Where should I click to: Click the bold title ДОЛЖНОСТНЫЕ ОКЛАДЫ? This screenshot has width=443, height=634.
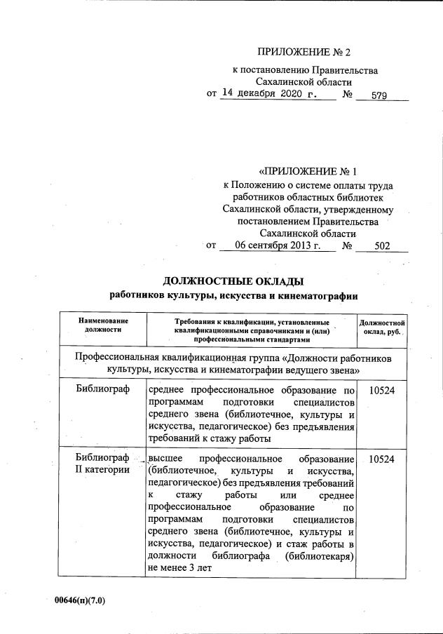coord(233,281)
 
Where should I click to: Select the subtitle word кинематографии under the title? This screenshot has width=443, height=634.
coord(323,296)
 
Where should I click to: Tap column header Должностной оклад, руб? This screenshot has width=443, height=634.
coord(382,326)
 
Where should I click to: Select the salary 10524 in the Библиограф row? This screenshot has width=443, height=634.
coord(382,390)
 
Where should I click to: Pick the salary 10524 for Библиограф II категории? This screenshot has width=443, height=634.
coord(382,458)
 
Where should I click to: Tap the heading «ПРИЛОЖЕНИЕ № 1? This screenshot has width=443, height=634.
coord(308,171)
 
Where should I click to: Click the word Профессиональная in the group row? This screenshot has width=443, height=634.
coord(123,357)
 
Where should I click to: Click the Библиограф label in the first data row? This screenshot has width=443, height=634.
coord(104,390)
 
